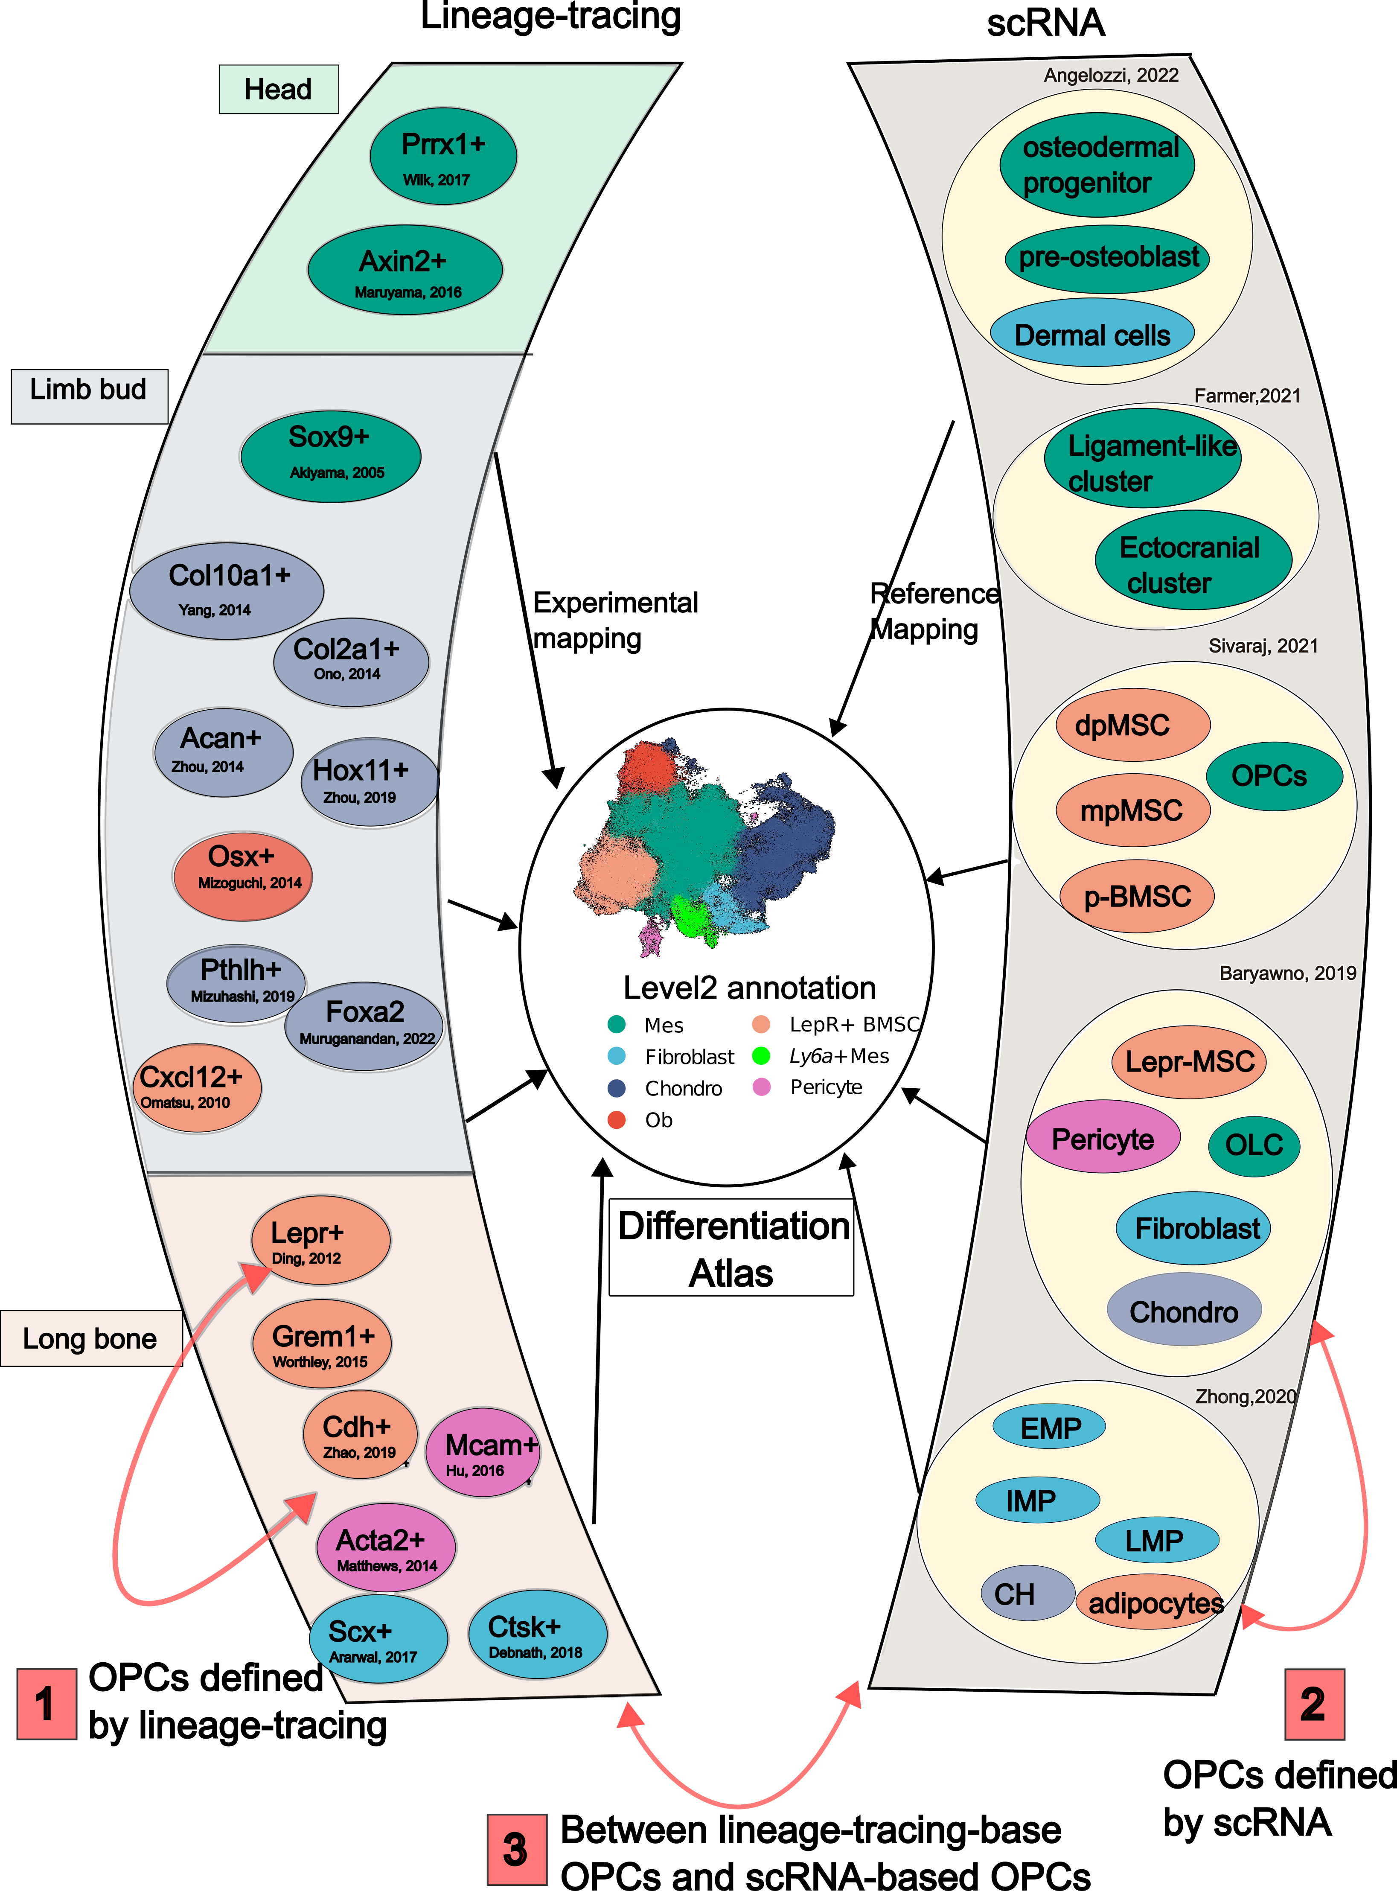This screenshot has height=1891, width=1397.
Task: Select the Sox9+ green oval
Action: click(x=331, y=457)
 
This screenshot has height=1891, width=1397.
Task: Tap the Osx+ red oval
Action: click(x=243, y=875)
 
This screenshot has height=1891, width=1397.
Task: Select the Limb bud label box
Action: click(x=90, y=396)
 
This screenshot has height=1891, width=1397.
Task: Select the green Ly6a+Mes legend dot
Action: click(x=761, y=1055)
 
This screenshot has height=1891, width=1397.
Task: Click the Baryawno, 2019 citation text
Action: click(x=1287, y=973)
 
